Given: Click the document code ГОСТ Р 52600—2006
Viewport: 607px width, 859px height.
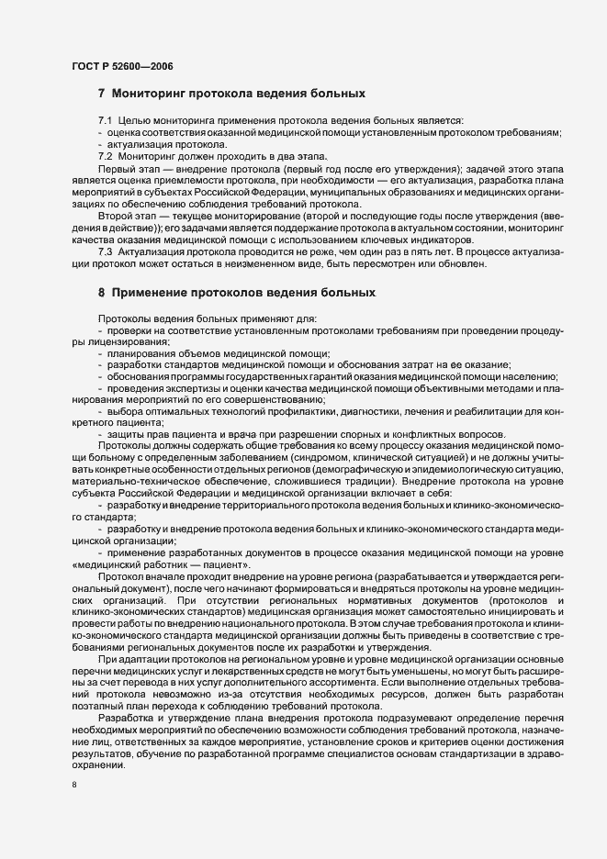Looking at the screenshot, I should tap(122, 65).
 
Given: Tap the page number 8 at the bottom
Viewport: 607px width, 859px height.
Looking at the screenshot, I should tap(74, 785).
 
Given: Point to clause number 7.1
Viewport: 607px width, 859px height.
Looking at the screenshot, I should tap(106, 121).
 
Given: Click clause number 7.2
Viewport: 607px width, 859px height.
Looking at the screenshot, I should tap(106, 157).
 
